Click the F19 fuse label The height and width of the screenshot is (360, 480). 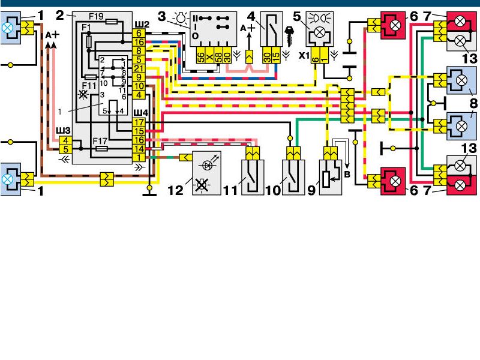[96, 16]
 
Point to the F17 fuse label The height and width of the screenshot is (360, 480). [100, 141]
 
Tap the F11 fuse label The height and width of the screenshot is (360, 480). [89, 85]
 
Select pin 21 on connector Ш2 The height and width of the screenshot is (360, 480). [139, 68]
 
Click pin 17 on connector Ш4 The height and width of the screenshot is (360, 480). [139, 122]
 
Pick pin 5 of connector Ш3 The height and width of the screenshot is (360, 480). [65, 149]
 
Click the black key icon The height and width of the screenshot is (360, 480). [289, 36]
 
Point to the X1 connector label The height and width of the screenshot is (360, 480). [304, 56]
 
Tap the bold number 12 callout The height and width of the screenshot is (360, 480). [175, 190]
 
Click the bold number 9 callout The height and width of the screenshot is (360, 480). [311, 190]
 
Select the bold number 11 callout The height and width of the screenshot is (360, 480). [230, 190]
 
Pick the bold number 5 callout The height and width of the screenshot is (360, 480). [296, 17]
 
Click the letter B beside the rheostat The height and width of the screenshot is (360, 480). [347, 175]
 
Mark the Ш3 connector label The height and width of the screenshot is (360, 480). [64, 131]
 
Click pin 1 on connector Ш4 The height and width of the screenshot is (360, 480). [139, 158]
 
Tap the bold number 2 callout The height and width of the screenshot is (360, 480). [59, 15]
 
